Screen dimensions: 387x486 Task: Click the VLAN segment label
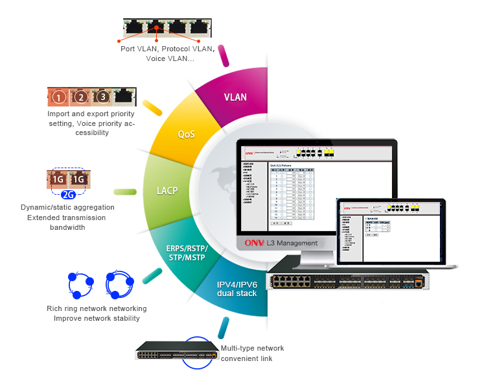pyautogui.click(x=235, y=97)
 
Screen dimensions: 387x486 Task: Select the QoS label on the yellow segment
pyautogui.click(x=186, y=134)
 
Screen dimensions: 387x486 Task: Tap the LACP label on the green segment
pyautogui.click(x=167, y=192)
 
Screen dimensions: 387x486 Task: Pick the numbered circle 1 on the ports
pyautogui.click(x=59, y=98)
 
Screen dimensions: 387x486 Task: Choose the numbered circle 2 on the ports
pyautogui.click(x=80, y=98)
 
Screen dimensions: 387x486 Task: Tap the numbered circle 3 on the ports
pyautogui.click(x=102, y=98)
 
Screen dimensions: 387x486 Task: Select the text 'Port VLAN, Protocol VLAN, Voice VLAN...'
pyautogui.click(x=167, y=53)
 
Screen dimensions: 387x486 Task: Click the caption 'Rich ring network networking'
pyautogui.click(x=97, y=308)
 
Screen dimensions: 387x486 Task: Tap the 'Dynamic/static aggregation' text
pyautogui.click(x=67, y=207)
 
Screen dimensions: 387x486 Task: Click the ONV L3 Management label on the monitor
pyautogui.click(x=281, y=243)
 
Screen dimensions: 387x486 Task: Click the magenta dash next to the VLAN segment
pyautogui.click(x=224, y=55)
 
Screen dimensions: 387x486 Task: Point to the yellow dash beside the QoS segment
pyautogui.click(x=152, y=108)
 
